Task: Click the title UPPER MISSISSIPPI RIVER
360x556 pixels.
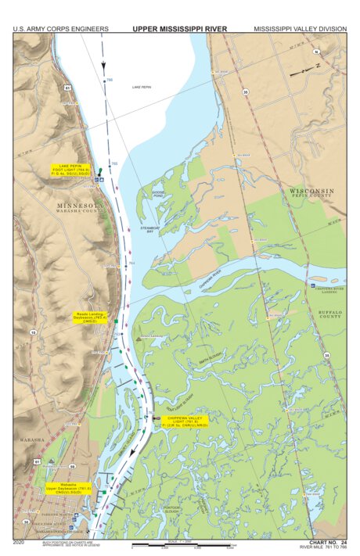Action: coord(179,29)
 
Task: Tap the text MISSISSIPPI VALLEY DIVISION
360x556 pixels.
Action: coord(299,29)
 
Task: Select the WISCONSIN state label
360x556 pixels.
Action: coord(311,191)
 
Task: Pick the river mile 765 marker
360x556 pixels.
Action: coord(113,163)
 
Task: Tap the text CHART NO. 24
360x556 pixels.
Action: coord(327,541)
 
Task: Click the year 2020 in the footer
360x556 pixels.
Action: coord(20,541)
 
